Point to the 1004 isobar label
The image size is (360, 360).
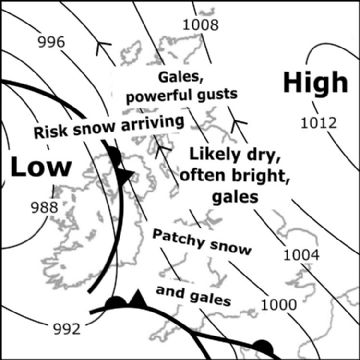(301, 256)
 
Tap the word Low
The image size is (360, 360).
(36, 166)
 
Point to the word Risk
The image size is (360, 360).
(51, 132)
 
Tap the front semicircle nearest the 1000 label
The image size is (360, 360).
(262, 348)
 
